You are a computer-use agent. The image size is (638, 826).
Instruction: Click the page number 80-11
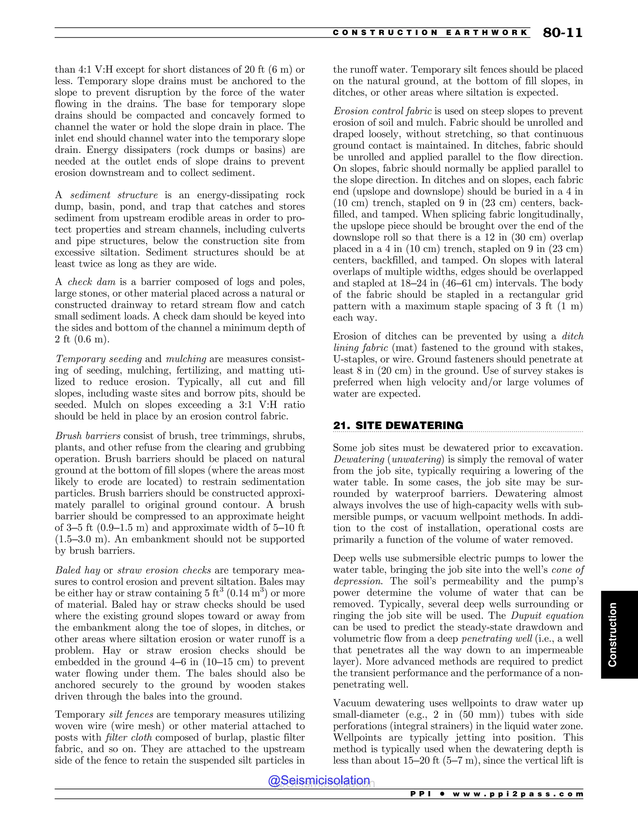coord(562,33)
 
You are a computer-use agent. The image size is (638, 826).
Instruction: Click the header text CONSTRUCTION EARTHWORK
coord(430,32)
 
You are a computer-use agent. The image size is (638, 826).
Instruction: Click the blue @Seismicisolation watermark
coord(319,780)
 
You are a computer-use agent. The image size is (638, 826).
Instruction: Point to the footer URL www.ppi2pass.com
coord(518,794)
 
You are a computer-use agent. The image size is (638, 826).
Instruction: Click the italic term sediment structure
coord(114,195)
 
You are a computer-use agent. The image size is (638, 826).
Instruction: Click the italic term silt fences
coord(131,715)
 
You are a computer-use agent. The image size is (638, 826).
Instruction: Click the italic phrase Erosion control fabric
coord(382,111)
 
